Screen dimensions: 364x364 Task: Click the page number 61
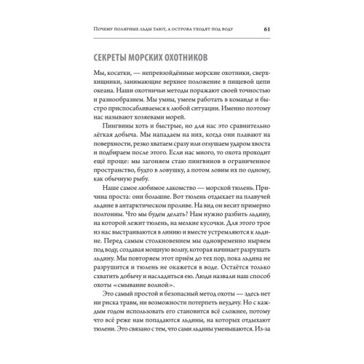267,29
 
